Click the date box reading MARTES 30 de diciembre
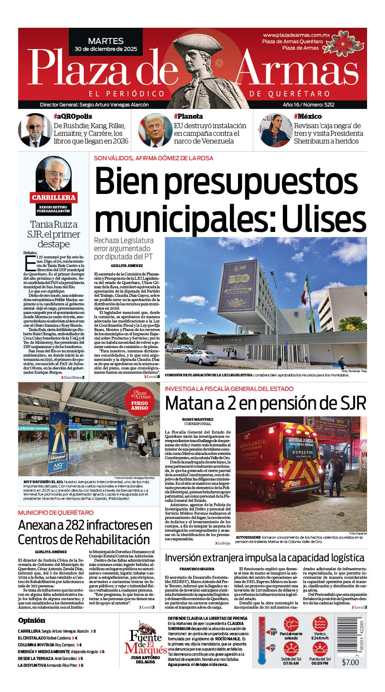(x=106, y=44)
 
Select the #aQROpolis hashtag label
(x=73, y=116)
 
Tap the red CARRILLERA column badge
(x=53, y=197)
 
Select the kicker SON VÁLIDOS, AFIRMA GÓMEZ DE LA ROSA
(x=153, y=158)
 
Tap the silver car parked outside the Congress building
(x=201, y=356)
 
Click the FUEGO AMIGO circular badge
(x=140, y=401)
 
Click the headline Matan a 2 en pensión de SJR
(x=265, y=403)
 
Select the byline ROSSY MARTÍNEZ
(x=197, y=419)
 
